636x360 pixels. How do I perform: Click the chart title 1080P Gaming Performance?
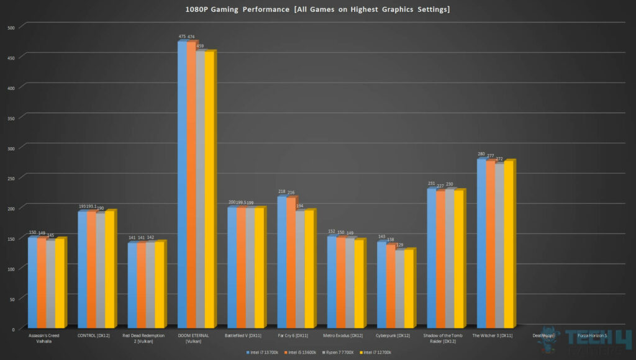(x=317, y=9)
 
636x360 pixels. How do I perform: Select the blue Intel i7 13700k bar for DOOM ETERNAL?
(x=182, y=186)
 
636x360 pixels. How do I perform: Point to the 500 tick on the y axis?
(x=12, y=27)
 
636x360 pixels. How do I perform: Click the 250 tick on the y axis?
(x=12, y=178)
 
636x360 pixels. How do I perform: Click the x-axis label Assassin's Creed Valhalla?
(x=44, y=338)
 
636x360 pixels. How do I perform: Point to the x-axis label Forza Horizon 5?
(x=592, y=336)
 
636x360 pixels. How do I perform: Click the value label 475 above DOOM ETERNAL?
(x=182, y=37)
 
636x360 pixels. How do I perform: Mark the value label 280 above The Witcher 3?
(x=481, y=154)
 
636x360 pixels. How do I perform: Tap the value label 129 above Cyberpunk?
(x=399, y=245)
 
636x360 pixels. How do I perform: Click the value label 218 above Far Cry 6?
(x=281, y=192)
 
